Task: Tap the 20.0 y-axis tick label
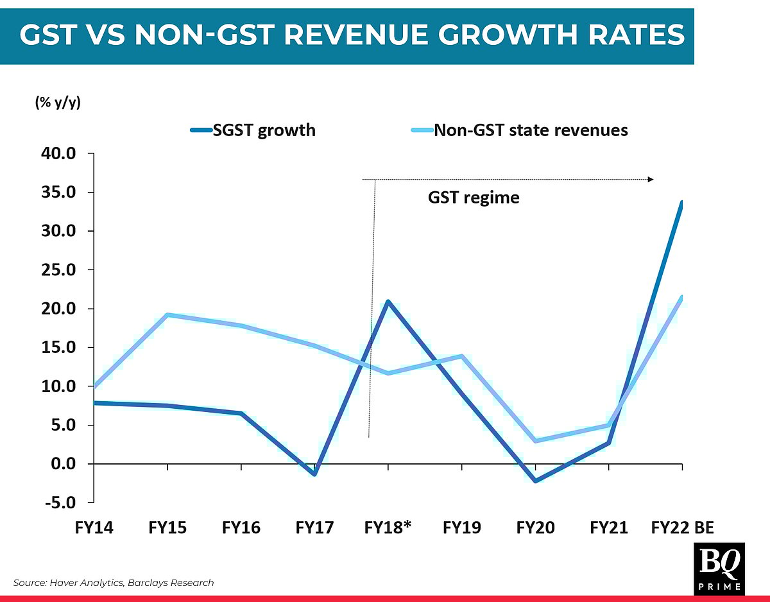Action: tap(60, 309)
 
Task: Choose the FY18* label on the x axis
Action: tap(388, 528)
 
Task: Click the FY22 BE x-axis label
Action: tap(682, 528)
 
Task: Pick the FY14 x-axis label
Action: tap(94, 528)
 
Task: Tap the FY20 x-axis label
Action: tap(535, 528)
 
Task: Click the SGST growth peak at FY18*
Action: tap(388, 301)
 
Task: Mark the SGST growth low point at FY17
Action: tap(314, 474)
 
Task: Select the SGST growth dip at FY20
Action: tap(535, 481)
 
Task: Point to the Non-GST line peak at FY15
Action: tap(167, 314)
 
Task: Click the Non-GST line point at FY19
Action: tap(461, 356)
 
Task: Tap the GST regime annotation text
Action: tap(474, 197)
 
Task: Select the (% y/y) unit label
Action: tap(58, 103)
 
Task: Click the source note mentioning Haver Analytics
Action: tap(114, 583)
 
